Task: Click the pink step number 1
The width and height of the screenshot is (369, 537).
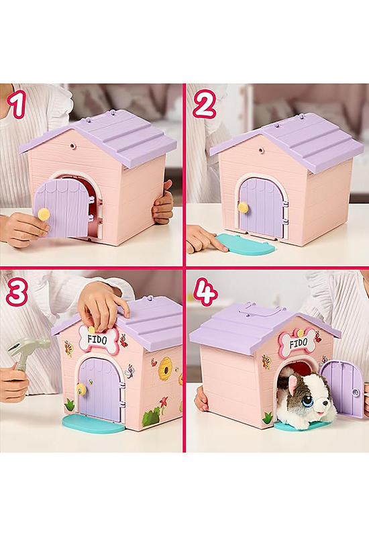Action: [x=17, y=105]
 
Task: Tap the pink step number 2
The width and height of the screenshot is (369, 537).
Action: [x=205, y=105]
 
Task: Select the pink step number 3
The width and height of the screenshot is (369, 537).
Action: [x=16, y=293]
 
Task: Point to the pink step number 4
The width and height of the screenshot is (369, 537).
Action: [x=205, y=292]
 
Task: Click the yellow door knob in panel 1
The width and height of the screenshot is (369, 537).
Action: [x=44, y=214]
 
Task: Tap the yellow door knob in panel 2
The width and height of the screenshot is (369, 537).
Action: [x=243, y=207]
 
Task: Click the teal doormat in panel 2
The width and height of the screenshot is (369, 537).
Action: [x=246, y=243]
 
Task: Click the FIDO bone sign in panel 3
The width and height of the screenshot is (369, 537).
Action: [x=98, y=340]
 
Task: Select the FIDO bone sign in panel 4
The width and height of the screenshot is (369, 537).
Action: [x=297, y=342]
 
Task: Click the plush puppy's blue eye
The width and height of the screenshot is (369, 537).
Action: [x=307, y=400]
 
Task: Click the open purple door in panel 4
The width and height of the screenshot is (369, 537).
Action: [x=341, y=389]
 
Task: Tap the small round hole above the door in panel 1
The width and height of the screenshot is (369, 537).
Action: [x=72, y=146]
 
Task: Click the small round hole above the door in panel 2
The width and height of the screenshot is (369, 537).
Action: [x=261, y=150]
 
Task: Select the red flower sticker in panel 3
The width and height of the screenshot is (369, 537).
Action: [x=164, y=401]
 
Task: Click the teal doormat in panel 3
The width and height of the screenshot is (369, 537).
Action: [x=93, y=424]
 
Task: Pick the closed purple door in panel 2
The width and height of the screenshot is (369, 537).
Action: [x=262, y=207]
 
